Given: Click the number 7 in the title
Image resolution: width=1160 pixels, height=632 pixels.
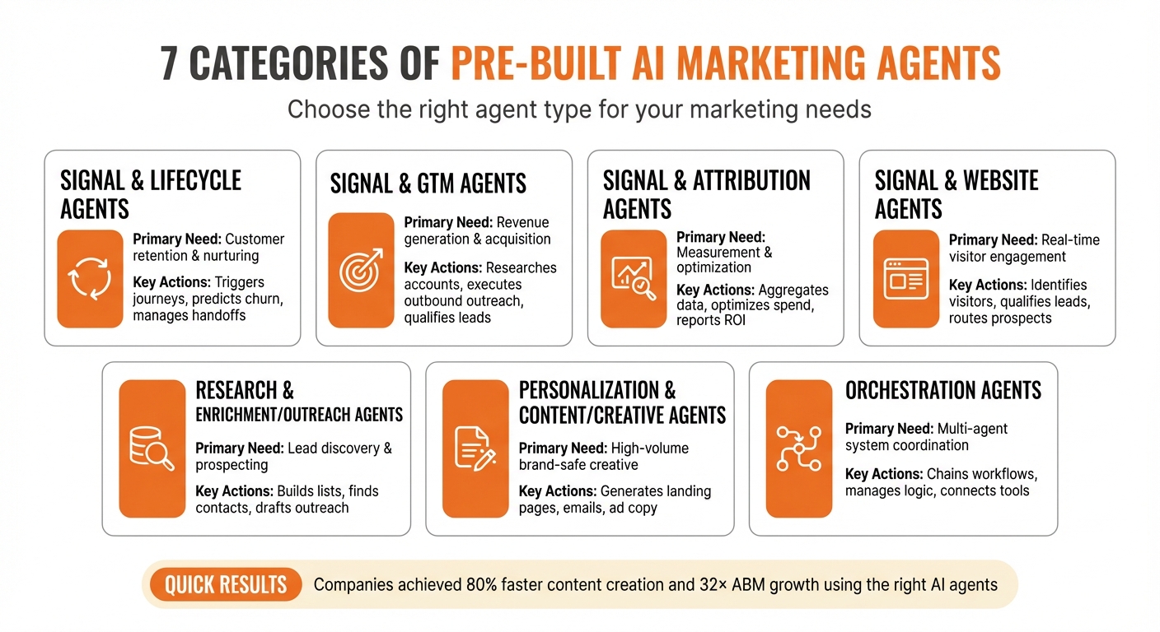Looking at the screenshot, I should (170, 64).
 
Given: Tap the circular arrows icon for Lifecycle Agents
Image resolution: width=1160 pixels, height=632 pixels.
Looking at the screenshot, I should (90, 279).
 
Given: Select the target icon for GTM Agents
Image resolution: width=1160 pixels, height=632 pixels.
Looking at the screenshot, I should (361, 270).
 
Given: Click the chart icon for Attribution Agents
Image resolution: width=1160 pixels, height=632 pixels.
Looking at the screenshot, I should (633, 278).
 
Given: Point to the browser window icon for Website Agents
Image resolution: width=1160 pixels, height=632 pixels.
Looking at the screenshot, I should (905, 278).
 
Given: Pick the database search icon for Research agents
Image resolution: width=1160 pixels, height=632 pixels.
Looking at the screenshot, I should (152, 448).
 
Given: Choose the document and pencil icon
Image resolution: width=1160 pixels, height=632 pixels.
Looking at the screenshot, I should (475, 448).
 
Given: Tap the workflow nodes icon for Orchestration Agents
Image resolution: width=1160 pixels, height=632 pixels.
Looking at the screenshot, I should (798, 448).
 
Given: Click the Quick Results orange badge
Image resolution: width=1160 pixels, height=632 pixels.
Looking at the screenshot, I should (225, 585).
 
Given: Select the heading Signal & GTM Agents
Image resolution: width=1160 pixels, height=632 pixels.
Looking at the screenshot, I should (428, 183).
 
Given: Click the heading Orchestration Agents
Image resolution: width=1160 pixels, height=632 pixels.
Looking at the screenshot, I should (943, 390).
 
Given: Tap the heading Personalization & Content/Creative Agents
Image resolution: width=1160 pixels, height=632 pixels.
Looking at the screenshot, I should (622, 402).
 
